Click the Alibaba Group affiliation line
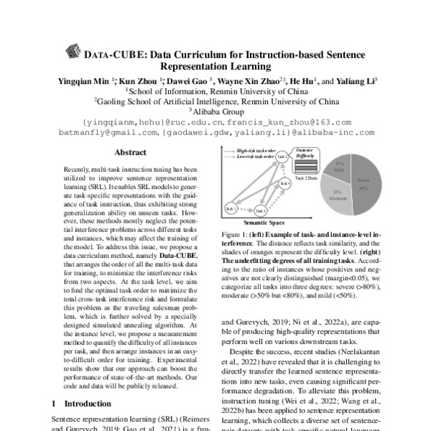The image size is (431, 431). point(216,112)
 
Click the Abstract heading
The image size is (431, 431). point(131,153)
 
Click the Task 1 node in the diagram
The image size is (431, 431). point(231,208)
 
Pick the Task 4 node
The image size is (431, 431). point(284,184)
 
